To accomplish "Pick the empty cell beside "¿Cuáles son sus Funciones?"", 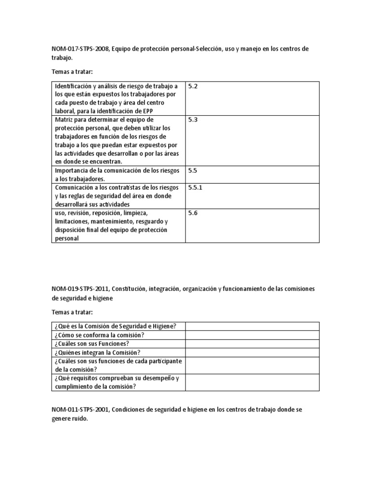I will point(251,344).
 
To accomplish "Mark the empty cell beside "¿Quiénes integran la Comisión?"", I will point(251,353).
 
